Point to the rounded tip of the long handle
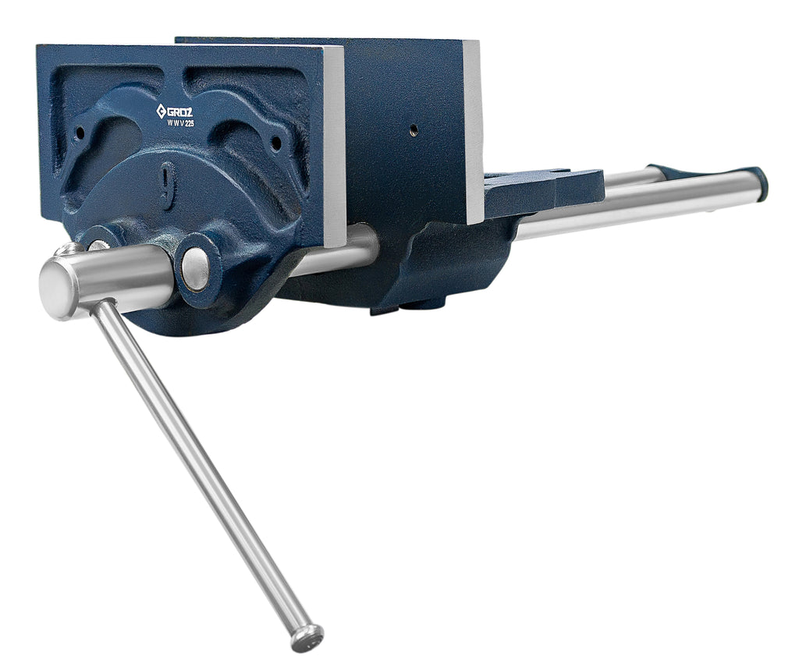[307, 637]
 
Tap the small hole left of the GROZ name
[80, 133]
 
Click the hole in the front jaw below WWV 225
[275, 143]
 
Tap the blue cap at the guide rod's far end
[757, 183]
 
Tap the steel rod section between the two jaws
[359, 248]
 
